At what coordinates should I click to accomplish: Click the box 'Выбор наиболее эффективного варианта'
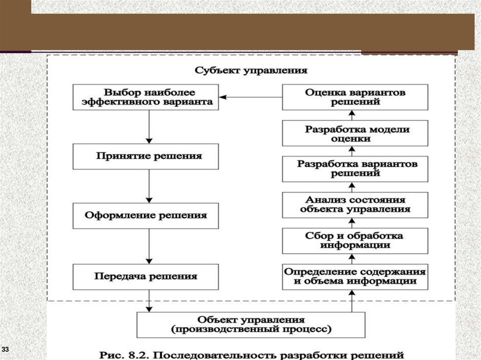[x=146, y=97]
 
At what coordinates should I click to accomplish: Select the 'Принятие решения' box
[x=146, y=156]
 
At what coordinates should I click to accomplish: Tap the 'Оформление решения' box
[x=146, y=216]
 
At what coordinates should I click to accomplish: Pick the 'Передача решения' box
[x=146, y=276]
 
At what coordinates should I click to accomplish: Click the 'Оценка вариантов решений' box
[x=355, y=97]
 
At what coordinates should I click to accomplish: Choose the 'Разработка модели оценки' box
[x=355, y=133]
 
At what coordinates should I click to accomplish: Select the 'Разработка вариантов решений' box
[x=355, y=169]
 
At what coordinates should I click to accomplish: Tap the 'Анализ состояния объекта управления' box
[x=355, y=205]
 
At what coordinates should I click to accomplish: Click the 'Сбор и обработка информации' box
[x=355, y=241]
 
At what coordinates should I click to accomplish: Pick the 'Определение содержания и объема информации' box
[x=355, y=276]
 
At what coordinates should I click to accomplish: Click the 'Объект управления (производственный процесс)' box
[x=251, y=325]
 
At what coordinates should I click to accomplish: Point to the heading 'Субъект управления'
[x=251, y=71]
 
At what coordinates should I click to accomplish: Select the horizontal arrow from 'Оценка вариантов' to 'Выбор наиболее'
[x=251, y=97]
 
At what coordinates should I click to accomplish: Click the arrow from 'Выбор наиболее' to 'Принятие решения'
[x=149, y=127]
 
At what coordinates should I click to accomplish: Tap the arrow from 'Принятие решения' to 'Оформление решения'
[x=149, y=186]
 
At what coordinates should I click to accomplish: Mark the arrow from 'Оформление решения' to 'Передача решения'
[x=149, y=246]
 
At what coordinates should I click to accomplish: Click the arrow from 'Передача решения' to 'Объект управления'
[x=149, y=300]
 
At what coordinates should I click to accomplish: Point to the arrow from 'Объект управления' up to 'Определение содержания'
[x=352, y=301]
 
